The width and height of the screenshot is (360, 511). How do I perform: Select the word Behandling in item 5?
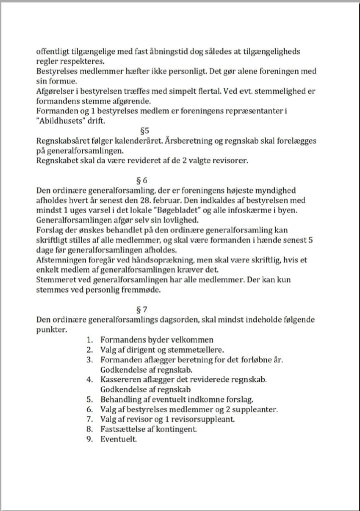[124, 400]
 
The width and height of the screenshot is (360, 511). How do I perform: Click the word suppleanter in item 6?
[253, 410]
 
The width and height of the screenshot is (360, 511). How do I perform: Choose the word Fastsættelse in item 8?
[126, 430]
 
